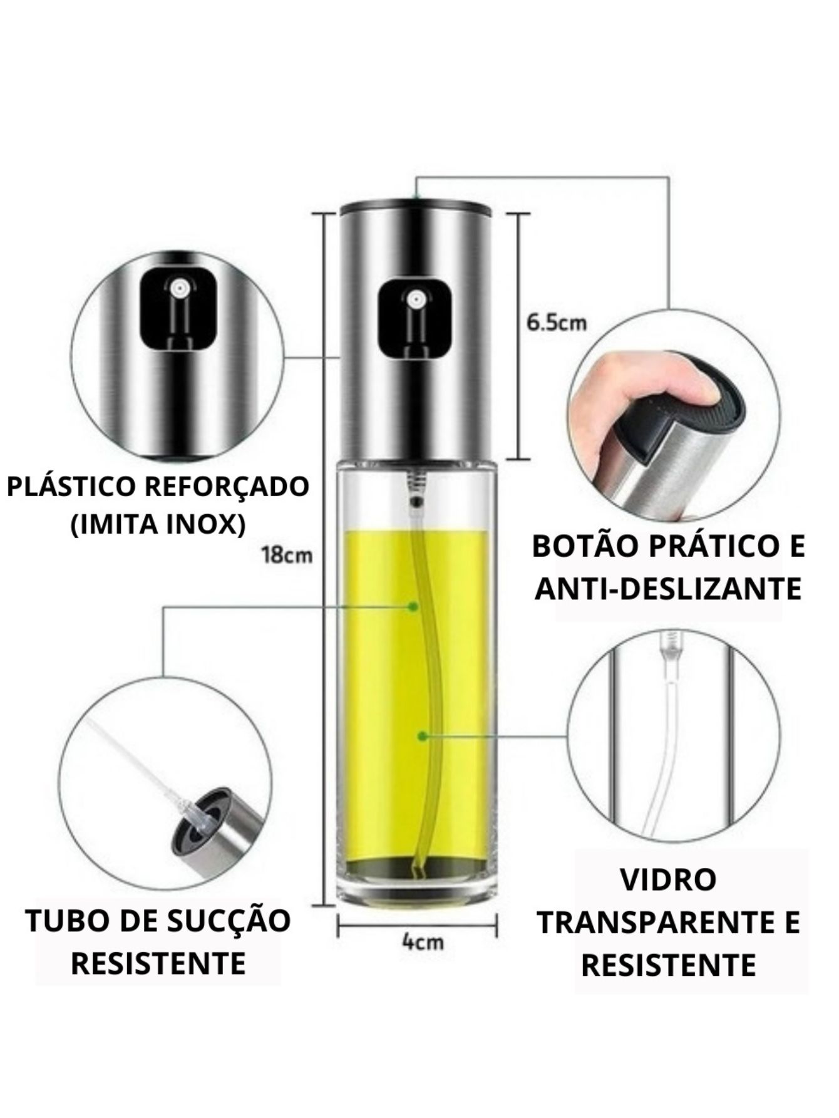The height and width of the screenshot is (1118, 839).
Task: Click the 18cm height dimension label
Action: (287, 554)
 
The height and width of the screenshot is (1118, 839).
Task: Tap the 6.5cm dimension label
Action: (556, 323)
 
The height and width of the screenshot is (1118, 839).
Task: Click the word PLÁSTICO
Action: (69, 487)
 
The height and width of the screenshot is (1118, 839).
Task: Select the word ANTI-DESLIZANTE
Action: (668, 588)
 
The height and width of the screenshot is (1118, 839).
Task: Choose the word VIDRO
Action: (667, 880)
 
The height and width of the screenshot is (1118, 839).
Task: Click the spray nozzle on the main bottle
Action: (414, 299)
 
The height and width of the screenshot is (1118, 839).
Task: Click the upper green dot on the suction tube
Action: (413, 606)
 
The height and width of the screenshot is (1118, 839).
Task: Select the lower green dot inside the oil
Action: (423, 736)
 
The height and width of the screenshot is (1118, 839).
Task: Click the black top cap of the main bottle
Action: (415, 206)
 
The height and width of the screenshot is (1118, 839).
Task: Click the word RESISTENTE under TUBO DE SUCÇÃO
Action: (158, 963)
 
